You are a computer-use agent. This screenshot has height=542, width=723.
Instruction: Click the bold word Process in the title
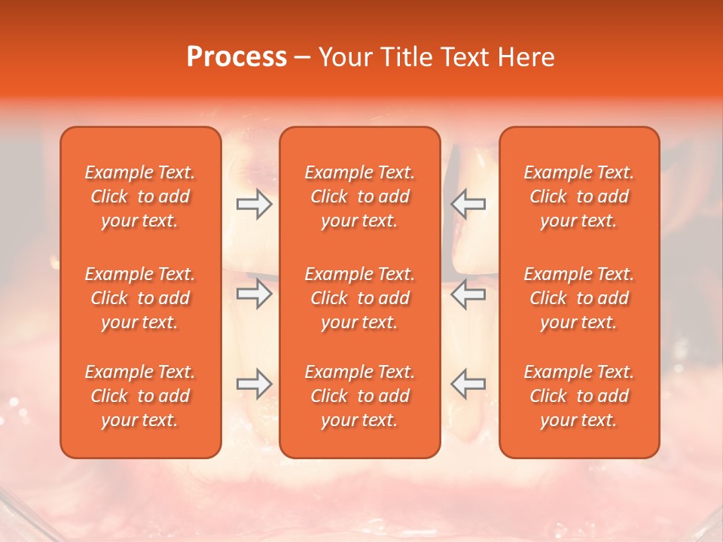(236, 57)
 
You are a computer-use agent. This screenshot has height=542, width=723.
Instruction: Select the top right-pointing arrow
(254, 204)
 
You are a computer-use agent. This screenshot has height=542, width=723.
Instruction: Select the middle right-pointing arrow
(254, 294)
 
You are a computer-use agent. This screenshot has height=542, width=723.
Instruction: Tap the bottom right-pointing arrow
(254, 384)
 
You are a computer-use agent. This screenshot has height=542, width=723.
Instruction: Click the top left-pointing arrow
(468, 204)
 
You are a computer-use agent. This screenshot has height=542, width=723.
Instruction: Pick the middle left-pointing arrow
(468, 294)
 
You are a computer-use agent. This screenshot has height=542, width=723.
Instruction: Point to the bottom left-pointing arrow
(468, 384)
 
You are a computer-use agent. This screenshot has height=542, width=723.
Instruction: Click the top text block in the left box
(140, 196)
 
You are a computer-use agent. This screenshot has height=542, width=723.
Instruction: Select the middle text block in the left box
(140, 298)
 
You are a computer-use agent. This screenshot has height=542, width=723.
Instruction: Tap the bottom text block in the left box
(140, 396)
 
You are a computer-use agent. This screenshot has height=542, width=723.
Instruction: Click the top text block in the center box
(360, 196)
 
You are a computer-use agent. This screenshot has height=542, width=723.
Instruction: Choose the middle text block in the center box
(360, 298)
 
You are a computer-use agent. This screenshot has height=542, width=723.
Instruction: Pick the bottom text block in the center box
(360, 396)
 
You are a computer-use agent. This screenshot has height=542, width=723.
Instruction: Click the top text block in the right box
(579, 196)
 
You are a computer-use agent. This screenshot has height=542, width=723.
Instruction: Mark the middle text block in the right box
(579, 298)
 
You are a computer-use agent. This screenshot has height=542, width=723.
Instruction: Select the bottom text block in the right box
(579, 396)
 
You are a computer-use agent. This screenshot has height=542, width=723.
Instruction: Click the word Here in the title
(526, 57)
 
